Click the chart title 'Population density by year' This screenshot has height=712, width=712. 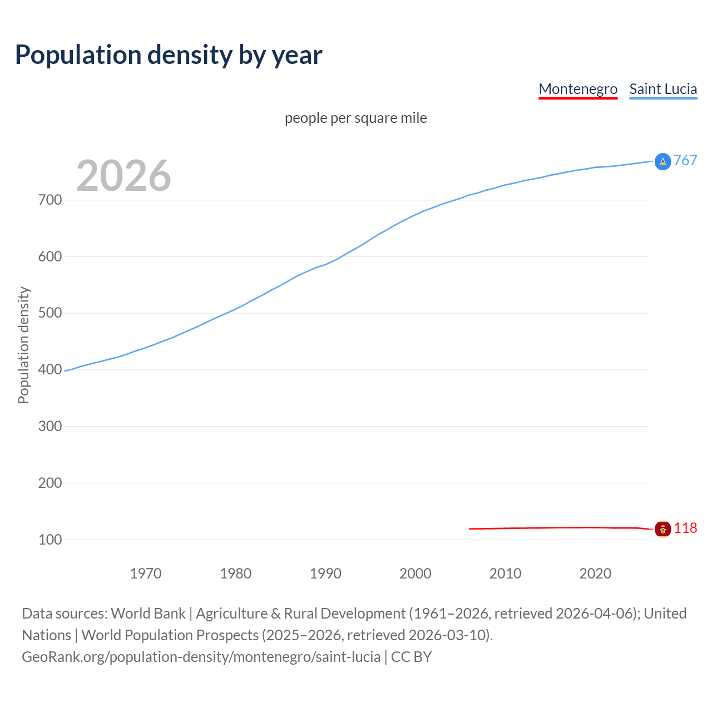point(169,55)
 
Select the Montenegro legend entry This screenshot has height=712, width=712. point(578,89)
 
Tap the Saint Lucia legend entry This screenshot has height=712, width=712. point(663,89)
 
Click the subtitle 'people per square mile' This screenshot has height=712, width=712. point(355,118)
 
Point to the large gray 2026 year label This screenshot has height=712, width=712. point(123,176)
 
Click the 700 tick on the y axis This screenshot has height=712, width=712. point(50,200)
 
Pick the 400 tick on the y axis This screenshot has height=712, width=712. point(50,369)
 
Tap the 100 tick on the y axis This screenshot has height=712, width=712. point(50,540)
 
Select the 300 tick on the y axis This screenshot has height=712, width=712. point(50,426)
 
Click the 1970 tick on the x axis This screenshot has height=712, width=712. point(146,573)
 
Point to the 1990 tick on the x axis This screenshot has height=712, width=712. point(325,573)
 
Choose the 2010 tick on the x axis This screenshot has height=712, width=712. point(505,573)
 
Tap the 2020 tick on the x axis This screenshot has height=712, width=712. point(595,573)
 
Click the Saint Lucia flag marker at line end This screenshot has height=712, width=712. point(662,161)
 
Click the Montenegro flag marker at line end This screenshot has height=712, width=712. point(662,528)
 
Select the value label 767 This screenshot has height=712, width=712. point(685,161)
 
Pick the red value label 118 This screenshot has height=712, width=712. point(685,528)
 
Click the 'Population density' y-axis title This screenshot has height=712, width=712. point(23,345)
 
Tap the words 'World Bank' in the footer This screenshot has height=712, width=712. point(148,614)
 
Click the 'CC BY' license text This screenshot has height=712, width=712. point(411,657)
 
